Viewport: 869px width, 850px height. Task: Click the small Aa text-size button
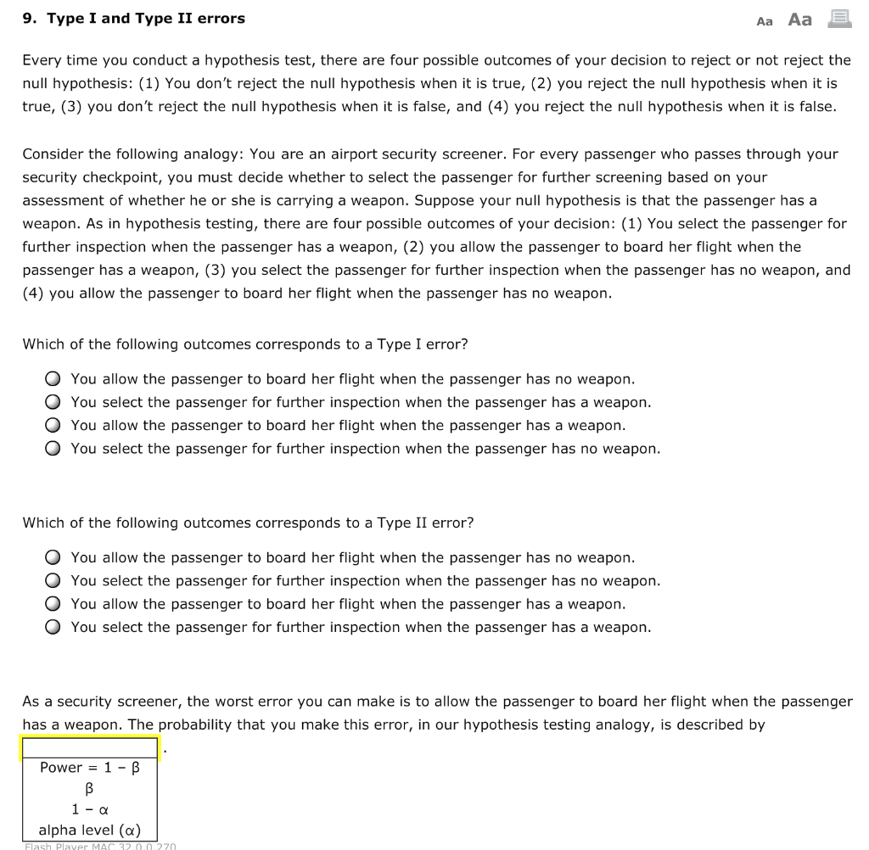click(x=764, y=21)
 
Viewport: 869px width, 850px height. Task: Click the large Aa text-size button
click(x=799, y=20)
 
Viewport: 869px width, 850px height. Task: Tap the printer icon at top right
click(x=839, y=19)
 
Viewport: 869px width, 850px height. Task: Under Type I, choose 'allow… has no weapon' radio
click(x=53, y=379)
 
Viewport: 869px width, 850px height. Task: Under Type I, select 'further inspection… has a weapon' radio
click(x=53, y=402)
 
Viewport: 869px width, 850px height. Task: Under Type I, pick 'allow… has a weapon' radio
click(x=53, y=425)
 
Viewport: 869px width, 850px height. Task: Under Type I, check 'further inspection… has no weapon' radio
click(x=53, y=449)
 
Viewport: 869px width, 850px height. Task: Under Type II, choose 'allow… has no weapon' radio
click(x=53, y=557)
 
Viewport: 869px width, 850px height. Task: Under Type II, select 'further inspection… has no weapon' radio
click(x=53, y=581)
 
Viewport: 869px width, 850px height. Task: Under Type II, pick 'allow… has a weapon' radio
click(x=53, y=604)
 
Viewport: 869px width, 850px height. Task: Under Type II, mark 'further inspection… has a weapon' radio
click(x=53, y=628)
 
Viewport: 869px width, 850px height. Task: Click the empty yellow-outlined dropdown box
click(x=90, y=748)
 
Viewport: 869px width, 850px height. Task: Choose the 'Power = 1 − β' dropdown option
click(x=90, y=768)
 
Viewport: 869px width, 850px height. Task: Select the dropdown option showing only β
click(x=90, y=789)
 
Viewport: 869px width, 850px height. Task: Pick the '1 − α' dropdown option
click(x=90, y=809)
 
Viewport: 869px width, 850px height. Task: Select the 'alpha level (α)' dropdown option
click(x=90, y=830)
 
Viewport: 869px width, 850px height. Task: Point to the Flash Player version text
click(x=100, y=846)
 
